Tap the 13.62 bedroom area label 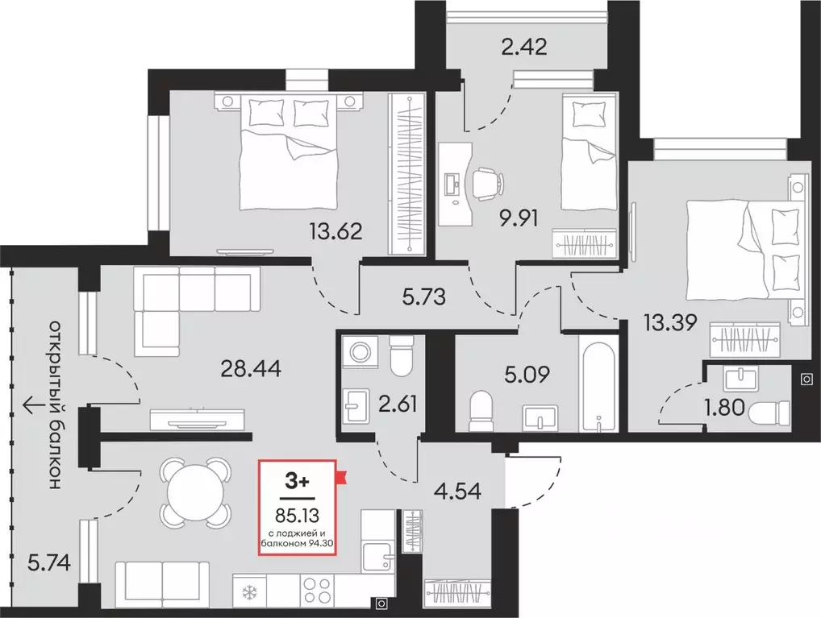(x=335, y=233)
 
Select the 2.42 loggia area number (x=525, y=45)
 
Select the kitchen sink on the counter (x=377, y=554)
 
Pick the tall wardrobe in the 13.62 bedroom (x=405, y=172)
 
